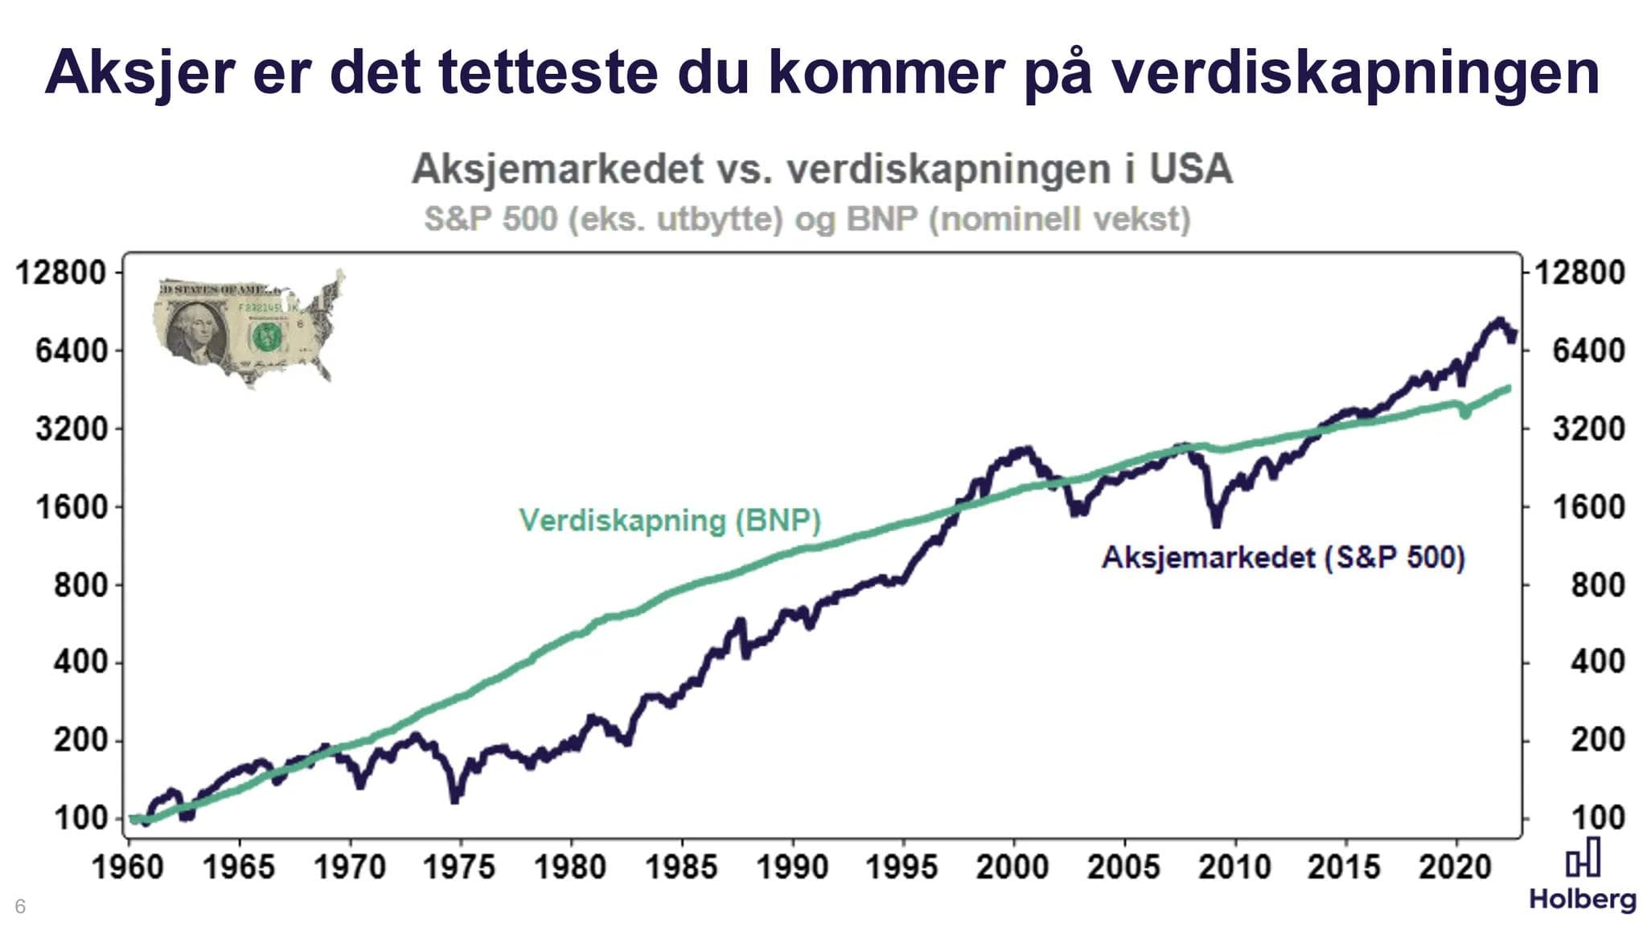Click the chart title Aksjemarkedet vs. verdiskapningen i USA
tap(821, 170)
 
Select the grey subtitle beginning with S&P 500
tap(807, 219)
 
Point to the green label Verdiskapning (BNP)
tap(669, 521)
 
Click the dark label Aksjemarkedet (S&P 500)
tap(1283, 557)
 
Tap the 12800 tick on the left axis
tap(62, 272)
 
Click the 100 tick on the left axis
tap(80, 817)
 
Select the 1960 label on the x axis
tap(128, 867)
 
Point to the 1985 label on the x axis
tap(681, 867)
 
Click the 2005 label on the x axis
tap(1123, 867)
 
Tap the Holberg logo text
tap(1582, 899)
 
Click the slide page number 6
tap(20, 906)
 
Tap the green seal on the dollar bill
tap(266, 336)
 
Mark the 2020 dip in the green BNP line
tap(1465, 413)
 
